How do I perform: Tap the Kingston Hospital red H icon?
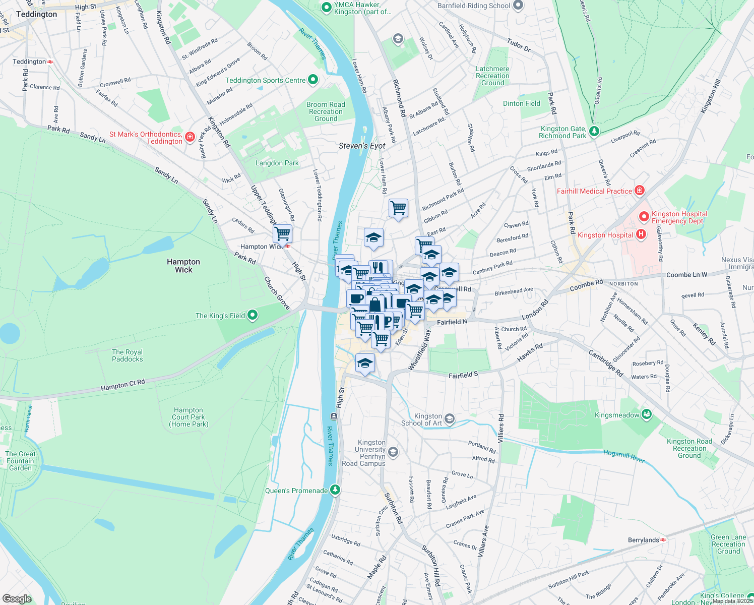[x=641, y=234]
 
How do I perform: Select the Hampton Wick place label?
[x=183, y=265]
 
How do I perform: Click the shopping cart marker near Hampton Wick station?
[x=283, y=234]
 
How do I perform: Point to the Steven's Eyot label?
[x=362, y=146]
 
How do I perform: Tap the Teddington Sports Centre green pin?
[x=313, y=80]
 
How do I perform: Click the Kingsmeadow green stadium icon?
[x=647, y=414]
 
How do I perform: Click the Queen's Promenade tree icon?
[x=335, y=490]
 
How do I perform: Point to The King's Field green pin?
[x=253, y=316]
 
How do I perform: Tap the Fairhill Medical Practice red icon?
[x=640, y=191]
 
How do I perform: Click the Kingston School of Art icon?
[x=450, y=419]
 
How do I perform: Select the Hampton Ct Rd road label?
[x=123, y=385]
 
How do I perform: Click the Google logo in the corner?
[x=17, y=598]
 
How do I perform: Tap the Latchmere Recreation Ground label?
[x=492, y=76]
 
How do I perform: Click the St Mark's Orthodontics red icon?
[x=190, y=137]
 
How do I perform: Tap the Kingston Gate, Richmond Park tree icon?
[x=594, y=132]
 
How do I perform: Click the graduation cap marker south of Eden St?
[x=365, y=363]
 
